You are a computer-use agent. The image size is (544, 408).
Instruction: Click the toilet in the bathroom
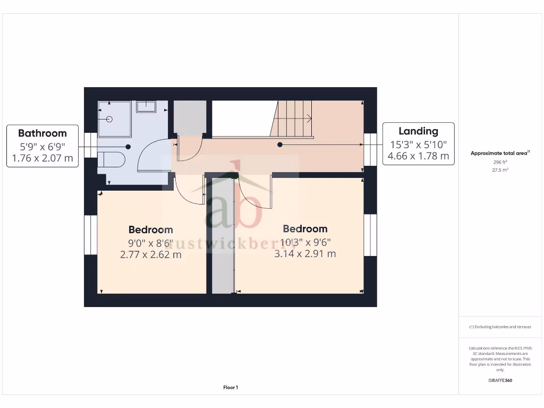[112, 159]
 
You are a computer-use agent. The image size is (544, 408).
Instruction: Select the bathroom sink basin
[146, 107]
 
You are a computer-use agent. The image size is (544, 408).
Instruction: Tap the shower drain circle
[109, 120]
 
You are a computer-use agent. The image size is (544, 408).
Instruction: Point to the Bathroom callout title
[42, 133]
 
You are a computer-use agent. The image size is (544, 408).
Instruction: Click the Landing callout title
[419, 131]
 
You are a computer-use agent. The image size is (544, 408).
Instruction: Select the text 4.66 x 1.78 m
[419, 156]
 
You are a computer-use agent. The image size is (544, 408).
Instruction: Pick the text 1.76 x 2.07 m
[42, 158]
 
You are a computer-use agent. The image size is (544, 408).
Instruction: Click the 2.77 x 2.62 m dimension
[151, 254]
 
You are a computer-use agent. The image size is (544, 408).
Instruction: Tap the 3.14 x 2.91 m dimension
[305, 253]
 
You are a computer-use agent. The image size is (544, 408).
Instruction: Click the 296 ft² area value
[500, 163]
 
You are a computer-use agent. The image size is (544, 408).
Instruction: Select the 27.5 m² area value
[500, 170]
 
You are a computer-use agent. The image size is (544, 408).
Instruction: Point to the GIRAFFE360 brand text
[500, 380]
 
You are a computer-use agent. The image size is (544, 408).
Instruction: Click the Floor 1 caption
[231, 388]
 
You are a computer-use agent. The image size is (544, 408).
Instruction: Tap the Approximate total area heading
[499, 153]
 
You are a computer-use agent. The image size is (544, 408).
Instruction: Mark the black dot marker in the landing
[280, 144]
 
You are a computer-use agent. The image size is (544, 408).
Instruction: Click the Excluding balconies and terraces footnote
[500, 327]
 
